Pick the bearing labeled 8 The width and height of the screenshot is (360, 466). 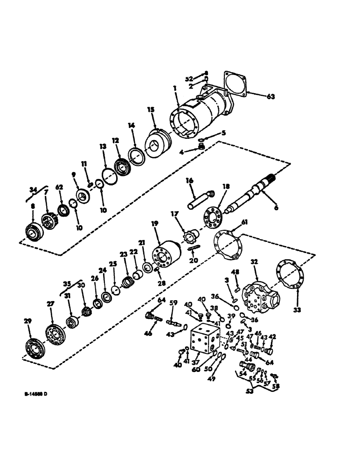(x=33, y=231)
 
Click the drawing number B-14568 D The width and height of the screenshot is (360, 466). (x=35, y=394)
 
